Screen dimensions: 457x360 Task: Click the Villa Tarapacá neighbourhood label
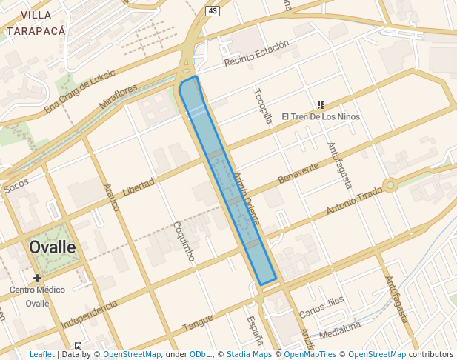click(x=36, y=23)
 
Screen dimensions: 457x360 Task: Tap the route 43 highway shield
click(x=213, y=10)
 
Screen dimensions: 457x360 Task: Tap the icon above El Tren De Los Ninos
click(x=321, y=105)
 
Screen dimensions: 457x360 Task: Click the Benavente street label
click(x=298, y=173)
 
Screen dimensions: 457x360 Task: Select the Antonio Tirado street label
click(x=354, y=201)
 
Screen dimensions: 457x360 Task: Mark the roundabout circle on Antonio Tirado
click(x=390, y=184)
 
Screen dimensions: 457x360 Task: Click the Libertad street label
click(x=139, y=187)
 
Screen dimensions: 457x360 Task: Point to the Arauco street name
click(x=111, y=198)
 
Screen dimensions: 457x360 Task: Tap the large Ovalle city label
click(x=53, y=247)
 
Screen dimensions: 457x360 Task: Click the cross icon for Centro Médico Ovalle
click(x=37, y=278)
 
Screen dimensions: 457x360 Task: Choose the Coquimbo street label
click(x=183, y=241)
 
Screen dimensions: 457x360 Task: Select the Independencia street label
click(x=90, y=314)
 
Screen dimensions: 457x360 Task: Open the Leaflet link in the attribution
click(x=41, y=355)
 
